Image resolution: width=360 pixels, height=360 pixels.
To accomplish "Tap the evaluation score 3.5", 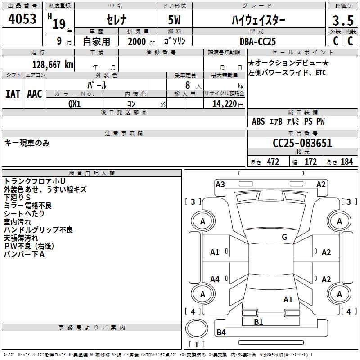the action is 343,21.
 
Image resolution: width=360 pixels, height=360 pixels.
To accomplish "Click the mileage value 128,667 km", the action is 53,64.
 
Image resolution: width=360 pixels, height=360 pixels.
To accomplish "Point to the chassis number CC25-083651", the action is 302,143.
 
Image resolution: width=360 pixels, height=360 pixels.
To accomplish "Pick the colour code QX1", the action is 75,103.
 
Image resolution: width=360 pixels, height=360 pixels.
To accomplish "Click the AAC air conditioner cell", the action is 34,94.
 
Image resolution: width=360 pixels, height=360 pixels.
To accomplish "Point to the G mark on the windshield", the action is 284,237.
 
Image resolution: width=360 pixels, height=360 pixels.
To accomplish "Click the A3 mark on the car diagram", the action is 220,184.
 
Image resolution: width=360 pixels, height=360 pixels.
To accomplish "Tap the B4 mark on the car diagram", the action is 221,333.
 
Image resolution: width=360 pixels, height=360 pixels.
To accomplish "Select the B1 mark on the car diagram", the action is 258,322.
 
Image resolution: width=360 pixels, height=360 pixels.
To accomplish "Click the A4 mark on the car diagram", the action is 215,279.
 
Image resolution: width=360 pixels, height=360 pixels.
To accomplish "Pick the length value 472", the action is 273,162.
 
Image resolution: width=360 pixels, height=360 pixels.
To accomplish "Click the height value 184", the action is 346,162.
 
